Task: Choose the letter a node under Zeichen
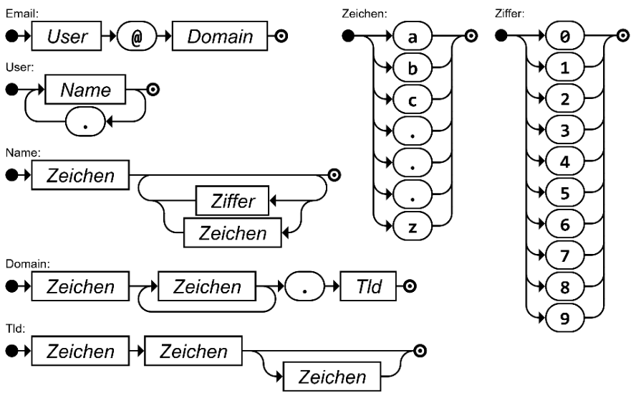tap(412, 37)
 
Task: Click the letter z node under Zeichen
tap(412, 230)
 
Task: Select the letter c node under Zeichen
tap(412, 101)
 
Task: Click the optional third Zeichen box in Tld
tap(331, 378)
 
